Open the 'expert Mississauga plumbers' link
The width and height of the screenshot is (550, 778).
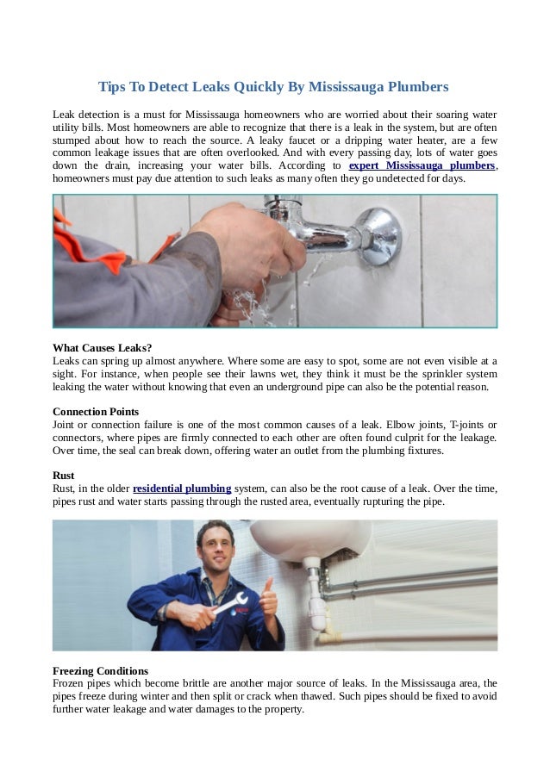[x=422, y=165]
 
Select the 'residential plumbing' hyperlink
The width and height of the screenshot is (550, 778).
[x=182, y=488]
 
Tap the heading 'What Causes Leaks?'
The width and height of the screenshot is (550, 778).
[x=102, y=348]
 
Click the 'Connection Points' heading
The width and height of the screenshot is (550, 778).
[x=96, y=411]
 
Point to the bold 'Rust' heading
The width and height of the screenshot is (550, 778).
[x=63, y=475]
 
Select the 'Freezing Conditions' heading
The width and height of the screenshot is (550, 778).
[x=100, y=670]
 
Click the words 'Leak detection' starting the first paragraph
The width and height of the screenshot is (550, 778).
[x=86, y=115]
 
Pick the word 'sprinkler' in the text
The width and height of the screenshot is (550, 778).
[x=441, y=375]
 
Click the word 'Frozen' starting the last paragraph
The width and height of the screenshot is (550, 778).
[x=68, y=683]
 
